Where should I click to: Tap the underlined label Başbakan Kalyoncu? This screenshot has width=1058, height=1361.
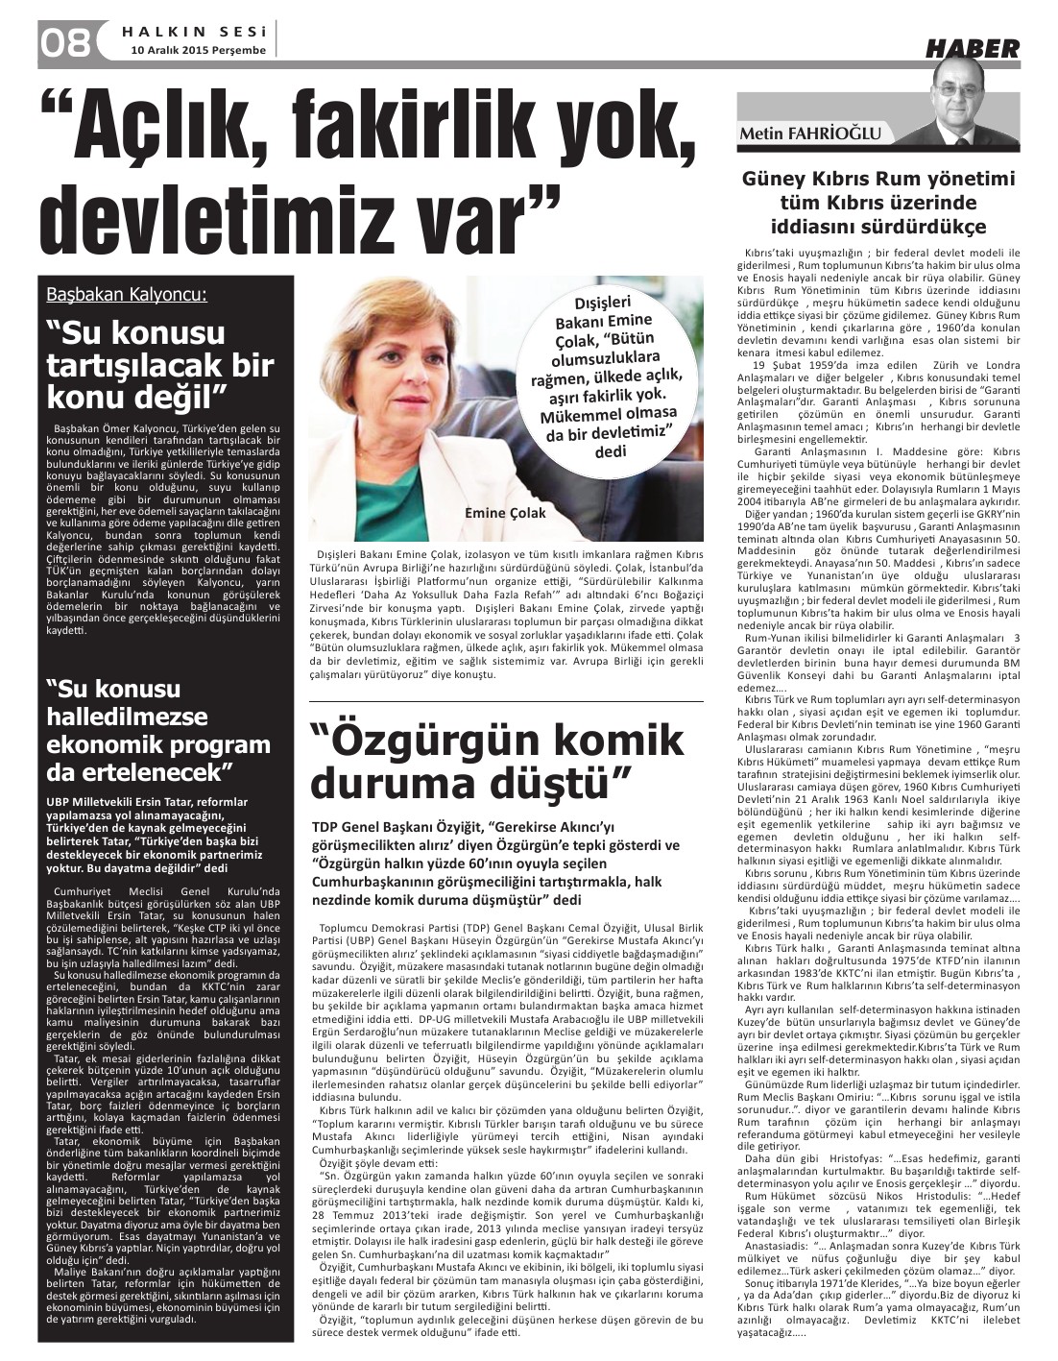coord(129,294)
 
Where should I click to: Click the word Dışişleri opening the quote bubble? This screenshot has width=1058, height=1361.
coord(600,304)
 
